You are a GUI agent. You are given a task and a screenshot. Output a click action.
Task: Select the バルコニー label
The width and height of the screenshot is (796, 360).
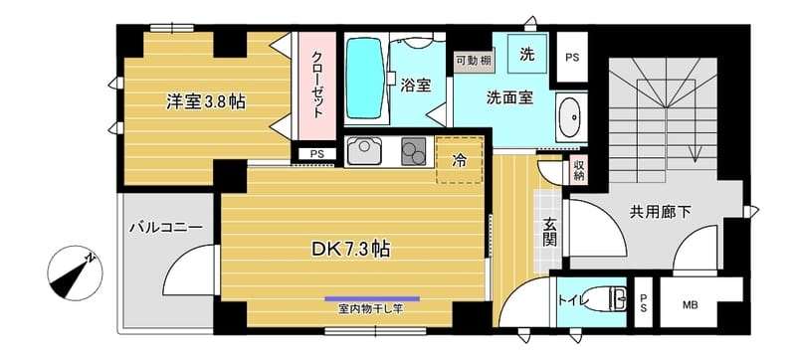(x=165, y=228)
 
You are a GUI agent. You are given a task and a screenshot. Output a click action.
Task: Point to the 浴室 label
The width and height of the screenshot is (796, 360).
(x=415, y=86)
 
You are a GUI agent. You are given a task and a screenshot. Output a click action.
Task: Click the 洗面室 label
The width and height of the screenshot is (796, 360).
(x=508, y=98)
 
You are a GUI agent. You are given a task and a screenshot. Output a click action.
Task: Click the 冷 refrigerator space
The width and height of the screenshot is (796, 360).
(x=460, y=158)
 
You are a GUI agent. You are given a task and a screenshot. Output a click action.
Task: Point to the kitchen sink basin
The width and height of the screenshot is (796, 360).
(x=366, y=152)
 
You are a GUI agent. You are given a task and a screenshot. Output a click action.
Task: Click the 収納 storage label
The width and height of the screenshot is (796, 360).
(x=578, y=170)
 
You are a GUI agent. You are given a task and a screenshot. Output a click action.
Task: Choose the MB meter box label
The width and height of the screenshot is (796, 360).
(x=689, y=304)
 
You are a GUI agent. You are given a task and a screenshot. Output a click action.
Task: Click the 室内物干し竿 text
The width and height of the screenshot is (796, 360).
(x=370, y=308)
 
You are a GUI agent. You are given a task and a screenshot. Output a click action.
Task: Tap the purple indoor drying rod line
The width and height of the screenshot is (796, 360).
(x=371, y=298)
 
